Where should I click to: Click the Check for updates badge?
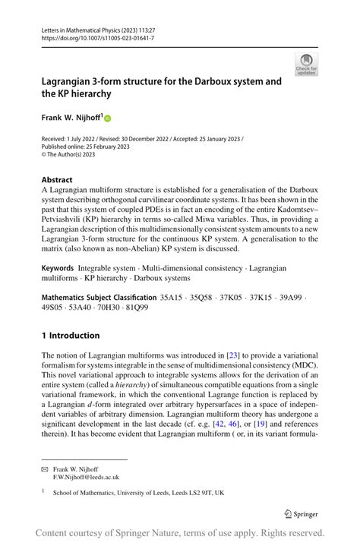[x=306, y=64]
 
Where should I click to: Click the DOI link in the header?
[x=90, y=37]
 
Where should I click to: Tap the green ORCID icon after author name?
[x=108, y=118]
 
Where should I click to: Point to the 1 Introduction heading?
[x=71, y=335]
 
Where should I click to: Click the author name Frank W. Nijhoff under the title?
[x=71, y=118]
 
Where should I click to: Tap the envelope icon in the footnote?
[x=44, y=469]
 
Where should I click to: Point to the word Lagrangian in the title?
[x=70, y=80]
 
